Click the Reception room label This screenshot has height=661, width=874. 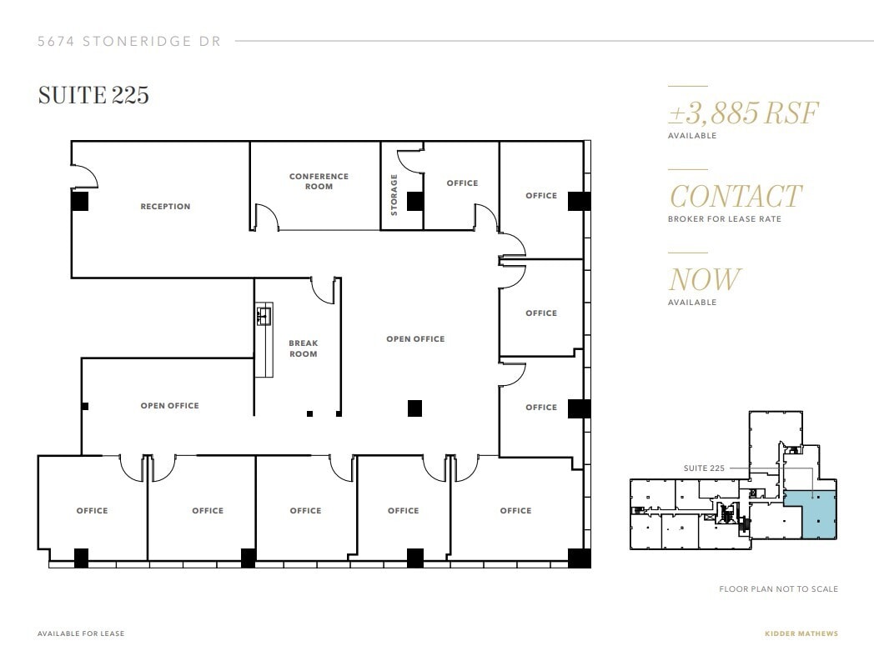165,207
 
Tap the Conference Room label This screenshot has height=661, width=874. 319,181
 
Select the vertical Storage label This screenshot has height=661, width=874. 394,194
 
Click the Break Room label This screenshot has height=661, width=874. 303,348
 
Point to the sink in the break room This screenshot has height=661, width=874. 264,316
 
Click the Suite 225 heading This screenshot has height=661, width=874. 93,96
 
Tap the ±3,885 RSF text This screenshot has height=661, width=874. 743,113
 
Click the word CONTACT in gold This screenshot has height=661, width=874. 735,197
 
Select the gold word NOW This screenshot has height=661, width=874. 703,279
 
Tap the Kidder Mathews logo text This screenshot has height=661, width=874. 801,633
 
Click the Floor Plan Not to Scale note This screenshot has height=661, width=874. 778,589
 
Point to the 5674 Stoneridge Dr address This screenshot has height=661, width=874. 129,41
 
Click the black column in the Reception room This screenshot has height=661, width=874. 79,201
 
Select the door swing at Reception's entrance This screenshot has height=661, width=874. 86,175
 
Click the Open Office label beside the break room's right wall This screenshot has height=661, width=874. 415,339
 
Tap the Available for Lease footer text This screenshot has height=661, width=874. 81,633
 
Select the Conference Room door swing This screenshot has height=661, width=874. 267,218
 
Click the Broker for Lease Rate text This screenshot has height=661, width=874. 724,219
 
